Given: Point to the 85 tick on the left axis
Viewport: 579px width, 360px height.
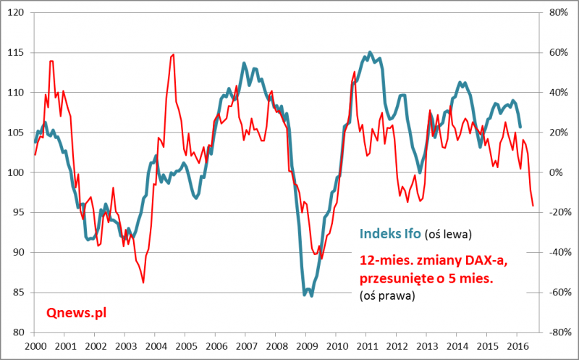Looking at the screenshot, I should coord(19,293).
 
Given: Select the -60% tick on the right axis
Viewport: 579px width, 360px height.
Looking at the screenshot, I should coord(557,293).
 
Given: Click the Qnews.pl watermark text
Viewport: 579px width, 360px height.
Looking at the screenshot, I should coord(76,312).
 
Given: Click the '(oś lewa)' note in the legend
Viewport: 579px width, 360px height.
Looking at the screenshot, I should coord(448,235).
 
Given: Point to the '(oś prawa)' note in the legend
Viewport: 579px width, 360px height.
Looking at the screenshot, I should coord(386,296).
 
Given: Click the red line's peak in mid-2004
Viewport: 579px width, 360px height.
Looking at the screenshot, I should coord(172,54).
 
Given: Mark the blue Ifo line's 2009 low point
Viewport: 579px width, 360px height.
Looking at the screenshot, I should coord(311,296).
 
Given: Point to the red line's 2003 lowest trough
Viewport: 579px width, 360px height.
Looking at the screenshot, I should coord(143,282).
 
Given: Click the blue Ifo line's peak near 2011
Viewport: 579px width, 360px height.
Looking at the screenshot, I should coord(370,52).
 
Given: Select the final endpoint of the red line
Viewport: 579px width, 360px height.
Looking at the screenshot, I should coord(533,206).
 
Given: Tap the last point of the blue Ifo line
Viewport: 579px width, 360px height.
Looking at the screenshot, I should coord(520,127).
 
